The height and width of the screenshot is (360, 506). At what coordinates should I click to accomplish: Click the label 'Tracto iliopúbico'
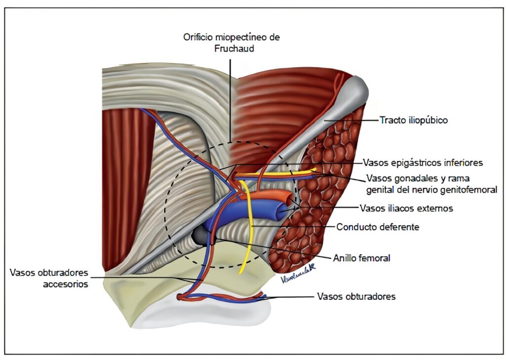413,120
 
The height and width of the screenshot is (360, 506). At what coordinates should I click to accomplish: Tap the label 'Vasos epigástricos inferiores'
422,162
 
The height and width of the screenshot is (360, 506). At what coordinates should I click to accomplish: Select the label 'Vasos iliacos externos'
406,208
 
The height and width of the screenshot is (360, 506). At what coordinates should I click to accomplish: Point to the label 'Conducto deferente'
378,227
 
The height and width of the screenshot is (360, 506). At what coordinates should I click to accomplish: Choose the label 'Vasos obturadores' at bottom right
356,297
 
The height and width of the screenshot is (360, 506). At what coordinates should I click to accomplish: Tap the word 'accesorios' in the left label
66,284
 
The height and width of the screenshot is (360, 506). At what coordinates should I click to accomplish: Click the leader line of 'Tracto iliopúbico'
351,120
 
